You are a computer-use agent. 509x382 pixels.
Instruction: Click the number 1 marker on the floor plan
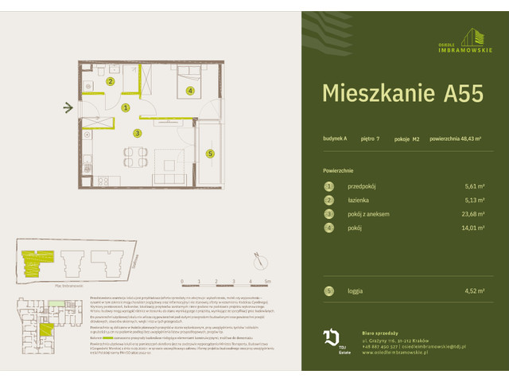point(126,107)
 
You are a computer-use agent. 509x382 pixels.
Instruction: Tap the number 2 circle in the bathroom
point(111,81)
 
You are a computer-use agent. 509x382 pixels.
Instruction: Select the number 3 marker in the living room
point(137,133)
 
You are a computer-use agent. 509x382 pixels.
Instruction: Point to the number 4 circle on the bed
point(190,91)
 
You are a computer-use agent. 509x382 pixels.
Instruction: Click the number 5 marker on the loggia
point(210,154)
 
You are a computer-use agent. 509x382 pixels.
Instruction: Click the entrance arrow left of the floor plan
point(68,107)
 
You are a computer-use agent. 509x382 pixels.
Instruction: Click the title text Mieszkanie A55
point(402,93)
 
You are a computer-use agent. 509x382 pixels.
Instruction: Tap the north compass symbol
point(258,258)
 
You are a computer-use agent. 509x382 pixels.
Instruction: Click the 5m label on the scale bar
point(268,282)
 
